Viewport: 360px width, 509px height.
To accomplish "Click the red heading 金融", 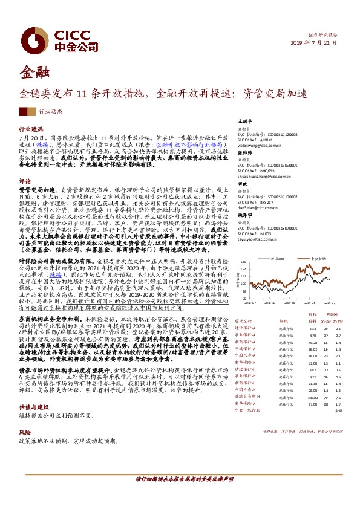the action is point(31,76).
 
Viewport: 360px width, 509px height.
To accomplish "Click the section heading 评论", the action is point(24,181).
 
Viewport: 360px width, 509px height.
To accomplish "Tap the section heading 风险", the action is point(24,433).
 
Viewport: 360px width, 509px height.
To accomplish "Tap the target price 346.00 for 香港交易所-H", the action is point(296,397).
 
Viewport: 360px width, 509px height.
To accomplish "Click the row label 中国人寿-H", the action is point(244,389).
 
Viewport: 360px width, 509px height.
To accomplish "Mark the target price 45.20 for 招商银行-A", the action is point(296,341).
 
